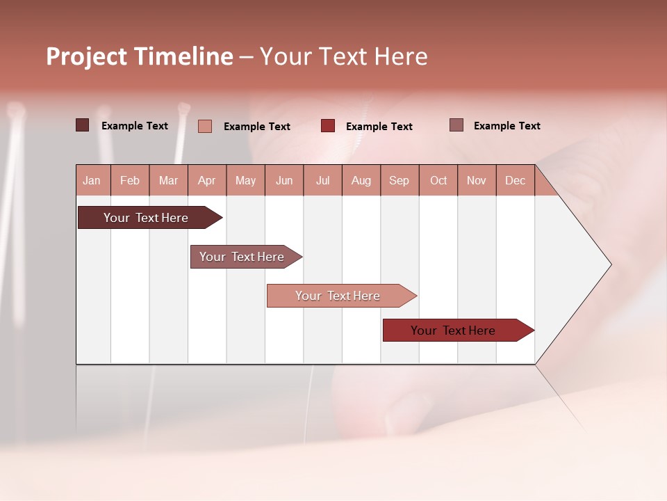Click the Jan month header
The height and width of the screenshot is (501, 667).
92,180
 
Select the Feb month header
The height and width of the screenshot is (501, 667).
130,180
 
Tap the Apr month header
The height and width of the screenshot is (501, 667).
207,180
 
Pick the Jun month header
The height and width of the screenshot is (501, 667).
284,180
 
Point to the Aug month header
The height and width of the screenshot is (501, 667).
361,180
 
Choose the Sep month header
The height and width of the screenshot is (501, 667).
400,180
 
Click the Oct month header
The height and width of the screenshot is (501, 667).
438,180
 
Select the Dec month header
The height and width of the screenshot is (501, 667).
516,180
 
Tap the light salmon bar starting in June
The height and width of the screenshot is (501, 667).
339,296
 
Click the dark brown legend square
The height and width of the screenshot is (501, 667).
83,125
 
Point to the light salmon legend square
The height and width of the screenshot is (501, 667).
205,126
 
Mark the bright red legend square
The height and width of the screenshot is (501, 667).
328,126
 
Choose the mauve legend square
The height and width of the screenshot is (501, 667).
456,125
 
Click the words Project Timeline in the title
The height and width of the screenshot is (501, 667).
140,56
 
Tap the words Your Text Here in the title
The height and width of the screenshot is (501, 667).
343,56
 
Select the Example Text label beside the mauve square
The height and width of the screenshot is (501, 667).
507,126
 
